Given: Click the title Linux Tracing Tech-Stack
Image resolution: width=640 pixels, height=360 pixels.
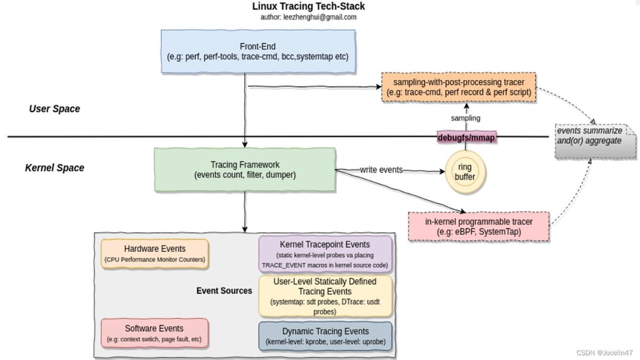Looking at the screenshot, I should coord(308,7).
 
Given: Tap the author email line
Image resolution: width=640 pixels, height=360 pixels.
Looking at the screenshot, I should coord(308,17).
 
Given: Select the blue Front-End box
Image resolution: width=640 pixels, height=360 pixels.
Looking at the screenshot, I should coord(258,51).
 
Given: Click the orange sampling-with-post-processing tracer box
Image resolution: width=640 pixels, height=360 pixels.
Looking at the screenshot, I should coord(459,87).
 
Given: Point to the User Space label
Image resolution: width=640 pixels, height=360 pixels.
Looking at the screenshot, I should coord(54,109).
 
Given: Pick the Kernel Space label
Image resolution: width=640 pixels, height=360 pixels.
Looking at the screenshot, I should coord(54,168).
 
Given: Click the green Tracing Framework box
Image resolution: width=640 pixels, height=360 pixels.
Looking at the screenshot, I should coord(245,170).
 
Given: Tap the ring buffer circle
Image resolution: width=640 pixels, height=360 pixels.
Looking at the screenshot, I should coord(465,172).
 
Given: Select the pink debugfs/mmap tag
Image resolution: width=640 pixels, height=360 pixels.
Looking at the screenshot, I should coord(466,138).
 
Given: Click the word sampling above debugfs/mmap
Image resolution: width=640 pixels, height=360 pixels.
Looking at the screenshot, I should coord(465,118).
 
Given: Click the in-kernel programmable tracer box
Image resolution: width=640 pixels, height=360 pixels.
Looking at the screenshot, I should coord(478,227).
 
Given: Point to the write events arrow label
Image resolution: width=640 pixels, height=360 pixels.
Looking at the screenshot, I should coord(381,170).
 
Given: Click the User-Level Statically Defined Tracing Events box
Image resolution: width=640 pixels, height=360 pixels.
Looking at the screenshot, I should coord(325,296).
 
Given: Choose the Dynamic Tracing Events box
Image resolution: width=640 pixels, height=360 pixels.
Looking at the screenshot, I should coord(325,336).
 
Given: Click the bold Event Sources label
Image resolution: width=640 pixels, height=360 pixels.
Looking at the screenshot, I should coord(224,290).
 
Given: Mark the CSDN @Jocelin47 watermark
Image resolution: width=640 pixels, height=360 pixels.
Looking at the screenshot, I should coord(604,353).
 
